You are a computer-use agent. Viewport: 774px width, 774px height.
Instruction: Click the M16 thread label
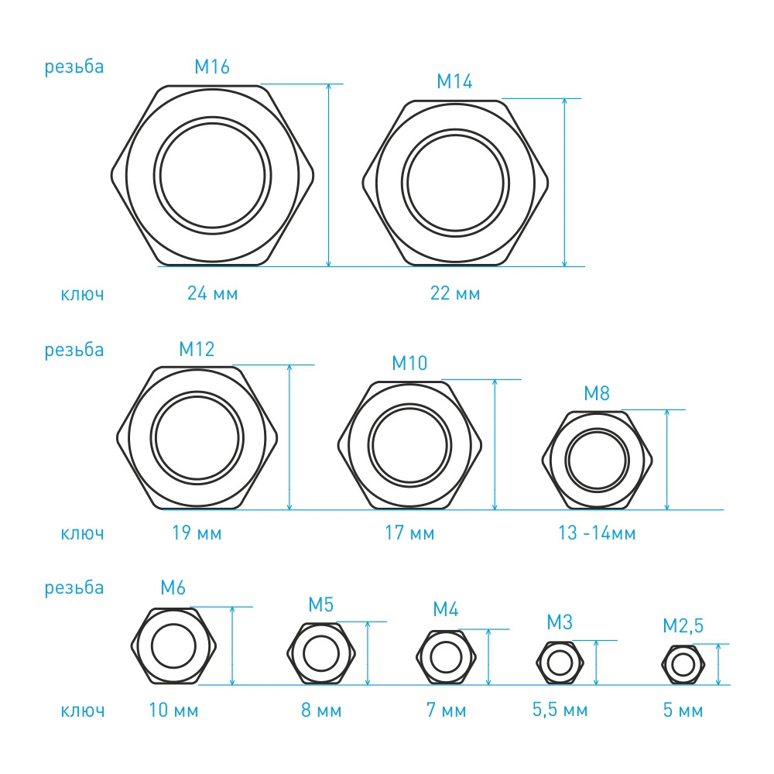(212, 67)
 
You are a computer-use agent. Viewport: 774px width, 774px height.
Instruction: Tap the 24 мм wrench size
(212, 293)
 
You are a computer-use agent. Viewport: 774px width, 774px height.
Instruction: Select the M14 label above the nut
(454, 81)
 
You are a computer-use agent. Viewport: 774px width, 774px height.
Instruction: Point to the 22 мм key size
(454, 293)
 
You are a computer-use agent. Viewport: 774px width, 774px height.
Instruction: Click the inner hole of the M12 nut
(197, 438)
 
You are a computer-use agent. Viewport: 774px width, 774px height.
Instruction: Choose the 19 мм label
(197, 533)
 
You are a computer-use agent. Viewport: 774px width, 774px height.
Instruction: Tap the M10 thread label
(409, 363)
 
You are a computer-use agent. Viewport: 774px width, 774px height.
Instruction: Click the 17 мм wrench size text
(409, 533)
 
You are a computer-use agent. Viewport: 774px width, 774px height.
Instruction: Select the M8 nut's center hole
(598, 460)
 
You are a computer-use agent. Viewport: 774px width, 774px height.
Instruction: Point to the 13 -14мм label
(597, 533)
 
